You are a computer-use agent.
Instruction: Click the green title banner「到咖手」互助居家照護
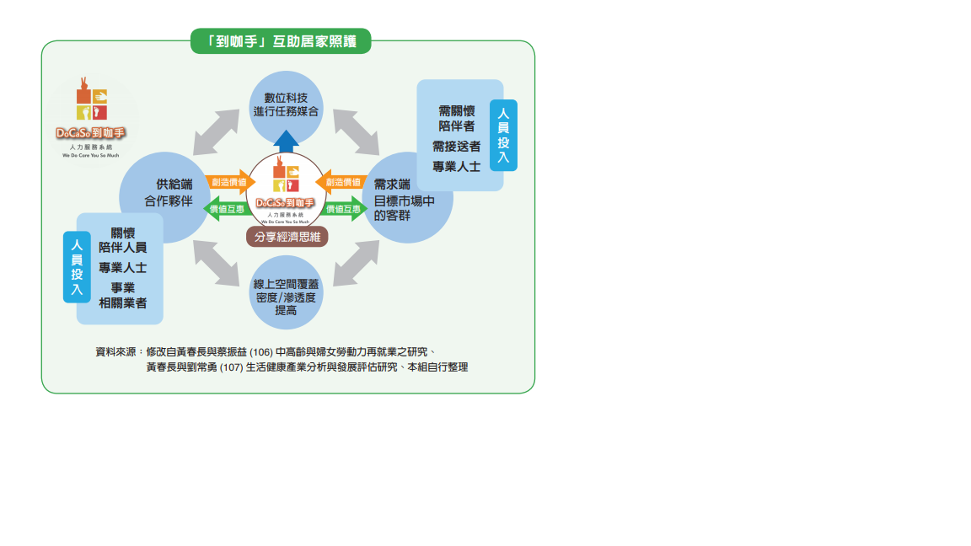click(x=281, y=41)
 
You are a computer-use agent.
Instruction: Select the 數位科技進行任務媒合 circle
click(x=286, y=104)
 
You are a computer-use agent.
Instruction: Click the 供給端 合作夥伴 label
click(x=168, y=193)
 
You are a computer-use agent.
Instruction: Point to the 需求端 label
click(x=392, y=184)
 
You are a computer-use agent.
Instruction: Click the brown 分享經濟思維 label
click(x=287, y=237)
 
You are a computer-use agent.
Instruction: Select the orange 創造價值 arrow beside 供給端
click(x=230, y=181)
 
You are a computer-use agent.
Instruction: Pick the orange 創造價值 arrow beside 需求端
click(x=341, y=181)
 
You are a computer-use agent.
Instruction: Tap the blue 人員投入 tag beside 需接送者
click(x=503, y=135)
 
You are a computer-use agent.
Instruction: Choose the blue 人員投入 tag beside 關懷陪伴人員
click(x=77, y=266)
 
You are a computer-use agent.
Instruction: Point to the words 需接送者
click(x=456, y=147)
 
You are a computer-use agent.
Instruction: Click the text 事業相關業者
click(x=123, y=295)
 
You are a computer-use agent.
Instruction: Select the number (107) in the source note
click(x=230, y=367)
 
